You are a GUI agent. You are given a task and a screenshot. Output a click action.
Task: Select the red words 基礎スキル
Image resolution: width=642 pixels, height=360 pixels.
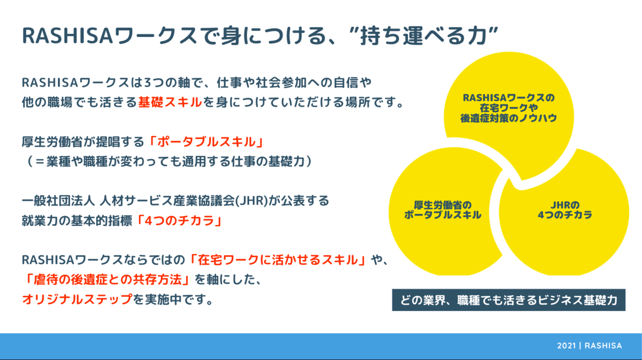170,102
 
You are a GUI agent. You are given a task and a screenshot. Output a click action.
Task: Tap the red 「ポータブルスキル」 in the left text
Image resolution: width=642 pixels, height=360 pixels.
207,142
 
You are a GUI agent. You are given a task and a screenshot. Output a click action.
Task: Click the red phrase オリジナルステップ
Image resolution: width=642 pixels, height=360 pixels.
78,299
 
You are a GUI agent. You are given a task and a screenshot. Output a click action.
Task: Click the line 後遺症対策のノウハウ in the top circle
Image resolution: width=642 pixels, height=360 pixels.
509,118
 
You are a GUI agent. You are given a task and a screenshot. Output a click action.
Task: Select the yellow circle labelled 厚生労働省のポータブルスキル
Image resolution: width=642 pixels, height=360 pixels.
444,211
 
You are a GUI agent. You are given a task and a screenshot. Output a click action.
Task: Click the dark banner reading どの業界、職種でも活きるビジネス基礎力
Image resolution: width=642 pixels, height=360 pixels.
509,300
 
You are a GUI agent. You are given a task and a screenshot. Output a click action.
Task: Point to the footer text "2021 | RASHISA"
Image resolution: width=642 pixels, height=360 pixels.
590,346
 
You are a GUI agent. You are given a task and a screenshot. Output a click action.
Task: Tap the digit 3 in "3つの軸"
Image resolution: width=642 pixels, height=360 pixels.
148,82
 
